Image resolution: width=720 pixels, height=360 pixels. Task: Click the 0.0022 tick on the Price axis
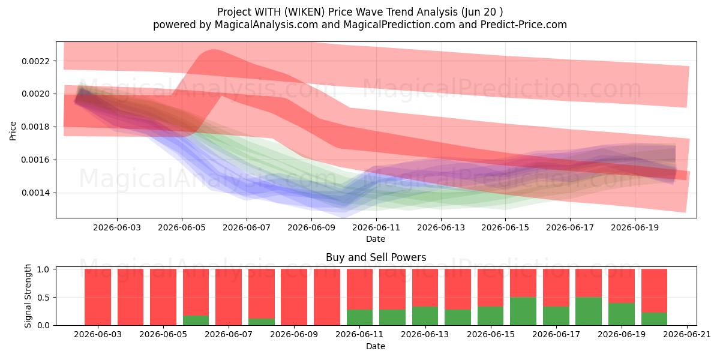pyautogui.click(x=35, y=61)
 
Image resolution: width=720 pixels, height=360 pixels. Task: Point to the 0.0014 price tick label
pyautogui.click(x=35, y=193)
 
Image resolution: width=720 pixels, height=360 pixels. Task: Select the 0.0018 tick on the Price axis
pyautogui.click(x=35, y=127)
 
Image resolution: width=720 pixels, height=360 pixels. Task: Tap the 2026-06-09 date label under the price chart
pyautogui.click(x=311, y=227)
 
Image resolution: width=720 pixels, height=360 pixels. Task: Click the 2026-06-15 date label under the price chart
pyautogui.click(x=505, y=227)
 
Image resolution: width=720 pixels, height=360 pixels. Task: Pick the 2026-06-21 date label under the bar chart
pyautogui.click(x=687, y=334)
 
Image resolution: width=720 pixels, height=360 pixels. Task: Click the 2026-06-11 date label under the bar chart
pyautogui.click(x=359, y=334)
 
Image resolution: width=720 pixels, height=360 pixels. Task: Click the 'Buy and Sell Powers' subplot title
pyautogui.click(x=376, y=257)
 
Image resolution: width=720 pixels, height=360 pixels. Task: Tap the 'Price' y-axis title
pyautogui.click(x=13, y=131)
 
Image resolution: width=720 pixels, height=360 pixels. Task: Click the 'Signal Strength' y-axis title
pyautogui.click(x=28, y=296)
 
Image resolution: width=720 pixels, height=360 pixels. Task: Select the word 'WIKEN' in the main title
pyautogui.click(x=304, y=12)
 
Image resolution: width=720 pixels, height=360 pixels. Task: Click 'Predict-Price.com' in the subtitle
pyautogui.click(x=524, y=25)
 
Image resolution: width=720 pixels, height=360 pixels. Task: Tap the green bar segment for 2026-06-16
pyautogui.click(x=523, y=311)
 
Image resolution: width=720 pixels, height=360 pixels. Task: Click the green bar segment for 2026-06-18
pyautogui.click(x=589, y=311)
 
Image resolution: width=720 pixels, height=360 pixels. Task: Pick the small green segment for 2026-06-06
pyautogui.click(x=196, y=320)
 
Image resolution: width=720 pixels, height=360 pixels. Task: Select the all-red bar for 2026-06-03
pyautogui.click(x=98, y=297)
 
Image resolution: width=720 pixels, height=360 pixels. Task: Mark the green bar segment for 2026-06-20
pyautogui.click(x=654, y=319)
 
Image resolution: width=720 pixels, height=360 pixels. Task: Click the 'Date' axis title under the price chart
pyautogui.click(x=376, y=239)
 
